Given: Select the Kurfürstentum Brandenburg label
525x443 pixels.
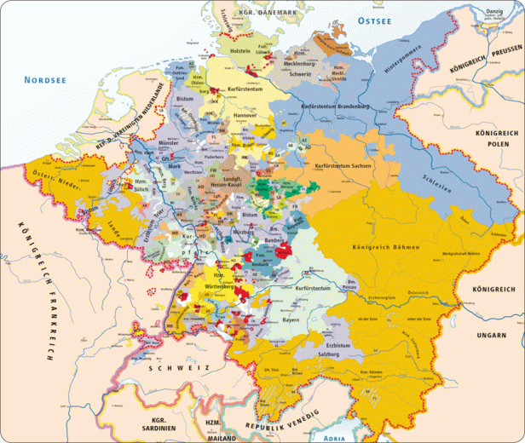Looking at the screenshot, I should pyautogui.click(x=335, y=106).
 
